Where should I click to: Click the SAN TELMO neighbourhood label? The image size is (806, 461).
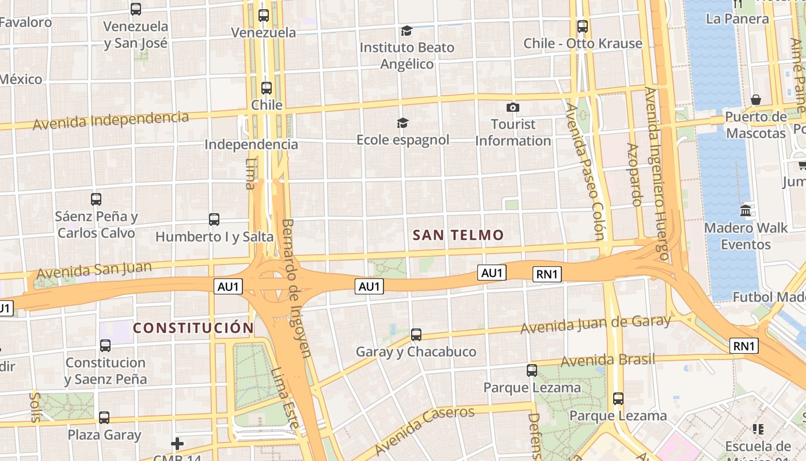point(458,235)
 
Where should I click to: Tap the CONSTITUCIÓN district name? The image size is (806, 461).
point(193,328)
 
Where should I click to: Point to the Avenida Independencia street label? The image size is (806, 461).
point(111,120)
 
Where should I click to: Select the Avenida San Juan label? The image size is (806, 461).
point(94,270)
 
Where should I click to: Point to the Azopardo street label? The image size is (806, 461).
point(634,175)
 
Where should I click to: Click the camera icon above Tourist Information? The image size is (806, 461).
point(512,108)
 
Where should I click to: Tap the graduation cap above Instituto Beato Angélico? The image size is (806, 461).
point(407,31)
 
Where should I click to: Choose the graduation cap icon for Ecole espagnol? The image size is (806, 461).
point(402,123)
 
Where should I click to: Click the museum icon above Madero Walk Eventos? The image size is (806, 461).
point(746,211)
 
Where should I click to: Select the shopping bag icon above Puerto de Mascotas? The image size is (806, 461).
point(756,100)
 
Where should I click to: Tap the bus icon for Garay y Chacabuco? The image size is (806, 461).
point(416,334)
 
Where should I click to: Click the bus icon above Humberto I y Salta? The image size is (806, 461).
point(214,220)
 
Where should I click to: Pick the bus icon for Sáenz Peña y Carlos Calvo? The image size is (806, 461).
point(96,199)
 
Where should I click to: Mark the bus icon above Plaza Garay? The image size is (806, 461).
point(104,418)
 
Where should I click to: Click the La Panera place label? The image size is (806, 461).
point(737,18)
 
